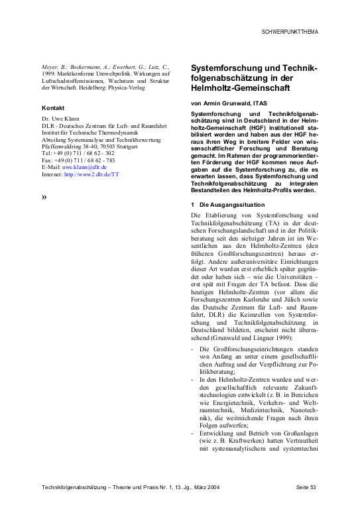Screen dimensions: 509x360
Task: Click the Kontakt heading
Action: (54, 107)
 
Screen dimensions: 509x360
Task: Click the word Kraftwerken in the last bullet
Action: (247, 444)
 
